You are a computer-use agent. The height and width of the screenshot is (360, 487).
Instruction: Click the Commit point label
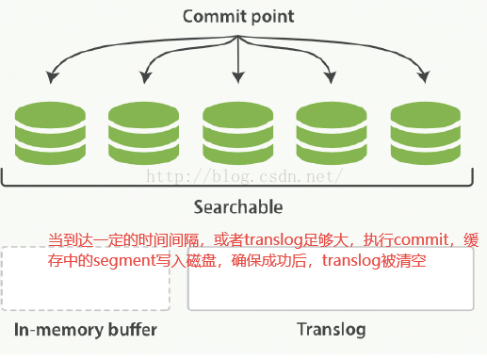tap(237, 16)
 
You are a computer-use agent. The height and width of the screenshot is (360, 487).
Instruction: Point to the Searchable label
tap(237, 206)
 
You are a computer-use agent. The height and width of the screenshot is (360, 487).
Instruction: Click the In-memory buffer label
tap(85, 330)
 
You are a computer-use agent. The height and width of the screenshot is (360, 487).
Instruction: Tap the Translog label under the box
tap(331, 330)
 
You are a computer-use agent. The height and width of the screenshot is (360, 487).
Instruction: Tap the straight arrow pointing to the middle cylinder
tap(238, 57)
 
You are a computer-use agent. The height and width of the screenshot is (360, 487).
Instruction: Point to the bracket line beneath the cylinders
tap(237, 186)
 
